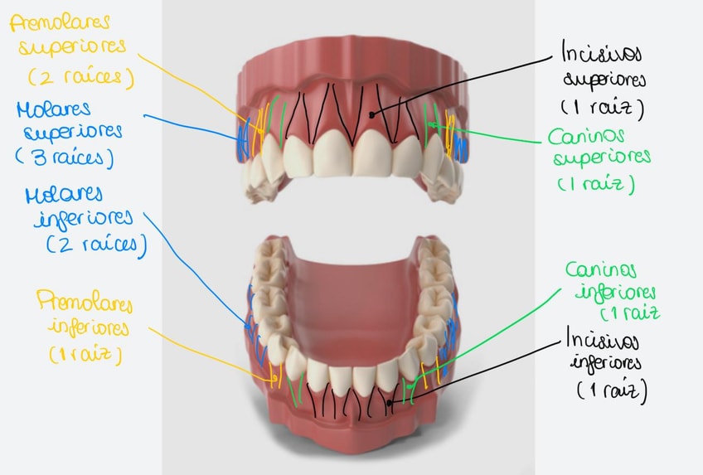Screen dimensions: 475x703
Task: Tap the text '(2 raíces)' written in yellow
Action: (x=80, y=77)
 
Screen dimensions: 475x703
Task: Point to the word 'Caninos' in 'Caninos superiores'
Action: (x=586, y=135)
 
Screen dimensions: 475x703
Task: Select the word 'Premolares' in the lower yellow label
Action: (x=82, y=301)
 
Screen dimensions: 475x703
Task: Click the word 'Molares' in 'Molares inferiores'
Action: (x=65, y=196)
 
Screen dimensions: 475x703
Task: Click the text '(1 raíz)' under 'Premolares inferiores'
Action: (x=85, y=356)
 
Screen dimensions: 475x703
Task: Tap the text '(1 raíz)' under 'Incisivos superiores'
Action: (x=601, y=108)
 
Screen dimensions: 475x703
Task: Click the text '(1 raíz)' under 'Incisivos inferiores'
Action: (x=609, y=388)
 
